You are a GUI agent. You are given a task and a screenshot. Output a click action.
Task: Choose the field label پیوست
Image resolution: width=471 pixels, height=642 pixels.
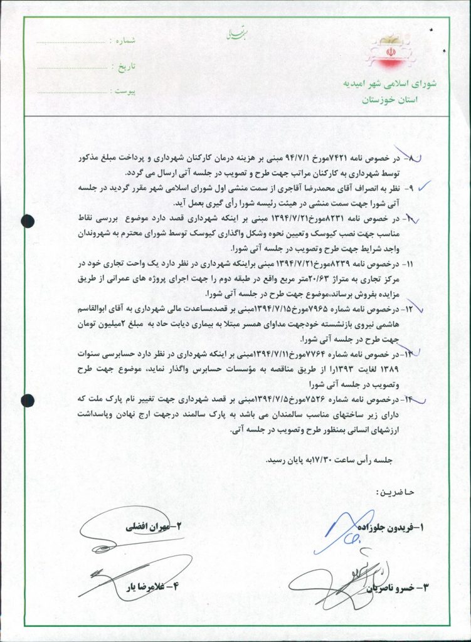[122, 91]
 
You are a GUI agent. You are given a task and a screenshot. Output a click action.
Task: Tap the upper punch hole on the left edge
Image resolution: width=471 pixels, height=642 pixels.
[26, 220]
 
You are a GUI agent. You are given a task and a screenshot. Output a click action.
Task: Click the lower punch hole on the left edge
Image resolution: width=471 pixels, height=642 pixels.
[26, 400]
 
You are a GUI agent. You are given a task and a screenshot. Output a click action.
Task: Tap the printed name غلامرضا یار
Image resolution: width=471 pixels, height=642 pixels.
[151, 588]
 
